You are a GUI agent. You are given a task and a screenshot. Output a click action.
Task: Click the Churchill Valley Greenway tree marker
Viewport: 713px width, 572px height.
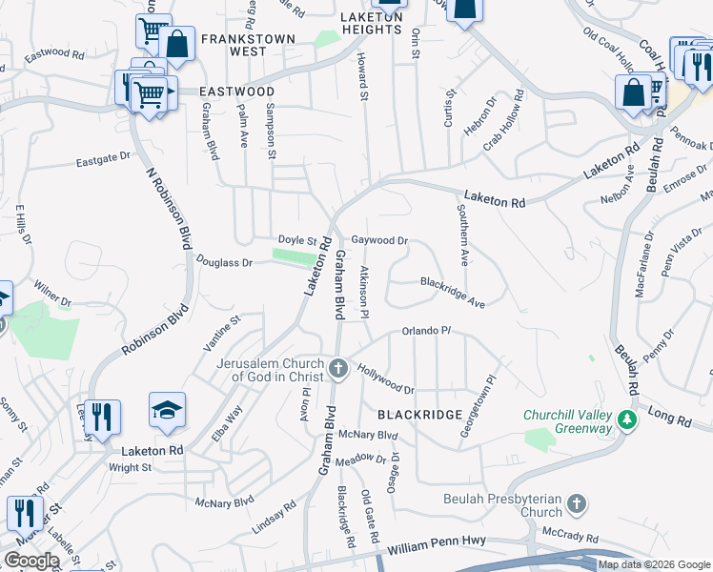click(626, 419)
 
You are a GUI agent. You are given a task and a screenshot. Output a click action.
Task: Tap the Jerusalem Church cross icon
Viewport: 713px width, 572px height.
click(337, 367)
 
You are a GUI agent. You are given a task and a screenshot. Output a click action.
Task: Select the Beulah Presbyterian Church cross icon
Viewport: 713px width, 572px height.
click(576, 502)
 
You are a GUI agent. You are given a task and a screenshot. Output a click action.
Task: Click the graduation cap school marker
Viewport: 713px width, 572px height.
click(167, 410)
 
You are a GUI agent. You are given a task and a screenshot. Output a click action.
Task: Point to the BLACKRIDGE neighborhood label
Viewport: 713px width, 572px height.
click(419, 415)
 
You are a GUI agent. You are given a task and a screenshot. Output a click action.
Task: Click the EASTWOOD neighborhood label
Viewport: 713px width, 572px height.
click(236, 92)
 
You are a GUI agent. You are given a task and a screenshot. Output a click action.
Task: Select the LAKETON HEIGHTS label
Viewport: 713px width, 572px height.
click(372, 23)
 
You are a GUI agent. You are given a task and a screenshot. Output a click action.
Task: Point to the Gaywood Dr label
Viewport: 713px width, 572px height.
click(379, 241)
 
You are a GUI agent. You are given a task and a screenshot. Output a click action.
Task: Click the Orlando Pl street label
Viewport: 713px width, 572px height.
click(425, 331)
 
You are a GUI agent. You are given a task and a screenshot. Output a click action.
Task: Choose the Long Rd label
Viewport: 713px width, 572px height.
click(667, 414)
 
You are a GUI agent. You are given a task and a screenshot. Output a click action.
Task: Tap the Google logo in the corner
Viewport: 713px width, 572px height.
click(31, 561)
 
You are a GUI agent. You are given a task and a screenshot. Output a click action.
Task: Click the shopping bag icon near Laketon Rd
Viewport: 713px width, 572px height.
click(634, 92)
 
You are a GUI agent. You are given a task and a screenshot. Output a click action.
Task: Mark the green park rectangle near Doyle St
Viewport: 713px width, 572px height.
click(294, 255)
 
